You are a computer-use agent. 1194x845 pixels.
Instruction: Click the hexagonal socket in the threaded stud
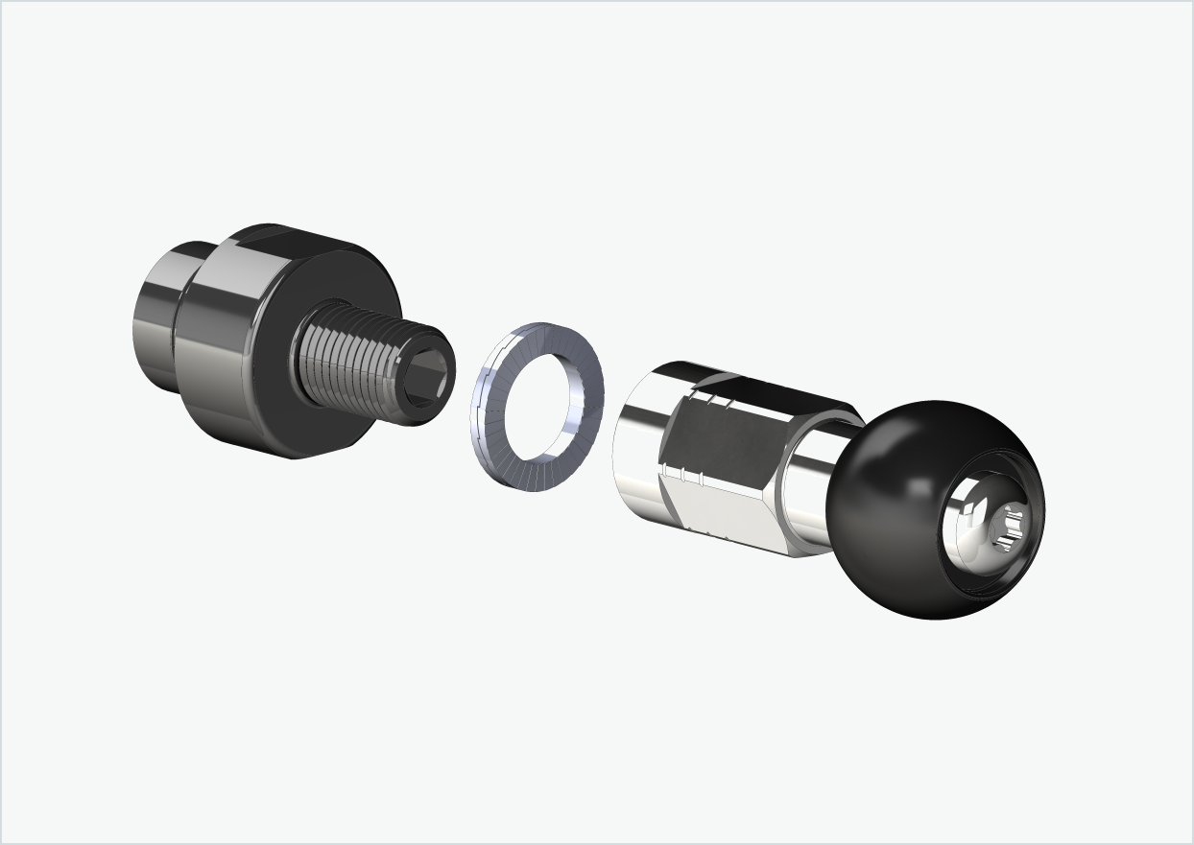pyautogui.click(x=423, y=383)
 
